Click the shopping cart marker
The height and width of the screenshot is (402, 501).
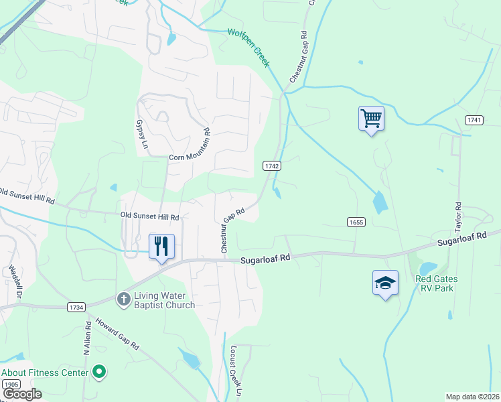tap(371, 119)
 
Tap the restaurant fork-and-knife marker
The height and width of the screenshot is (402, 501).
tap(161, 247)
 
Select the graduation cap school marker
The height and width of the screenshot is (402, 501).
tap(386, 283)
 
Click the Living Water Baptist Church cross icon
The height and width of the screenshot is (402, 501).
tap(124, 299)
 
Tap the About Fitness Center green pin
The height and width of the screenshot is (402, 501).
tap(100, 372)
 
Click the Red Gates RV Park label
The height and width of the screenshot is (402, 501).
tap(435, 283)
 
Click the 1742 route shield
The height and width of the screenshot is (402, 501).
tap(271, 165)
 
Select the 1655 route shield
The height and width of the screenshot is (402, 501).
tap(356, 222)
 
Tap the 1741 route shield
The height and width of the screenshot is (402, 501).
tap(474, 119)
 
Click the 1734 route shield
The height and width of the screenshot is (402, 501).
tap(76, 307)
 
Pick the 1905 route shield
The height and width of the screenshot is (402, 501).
tap(11, 384)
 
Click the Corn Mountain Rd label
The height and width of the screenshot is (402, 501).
tap(190, 149)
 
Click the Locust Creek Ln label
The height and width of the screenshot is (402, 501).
tap(234, 370)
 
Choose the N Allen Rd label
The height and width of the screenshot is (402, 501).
tap(86, 339)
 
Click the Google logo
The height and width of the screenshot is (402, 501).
tap(21, 394)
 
